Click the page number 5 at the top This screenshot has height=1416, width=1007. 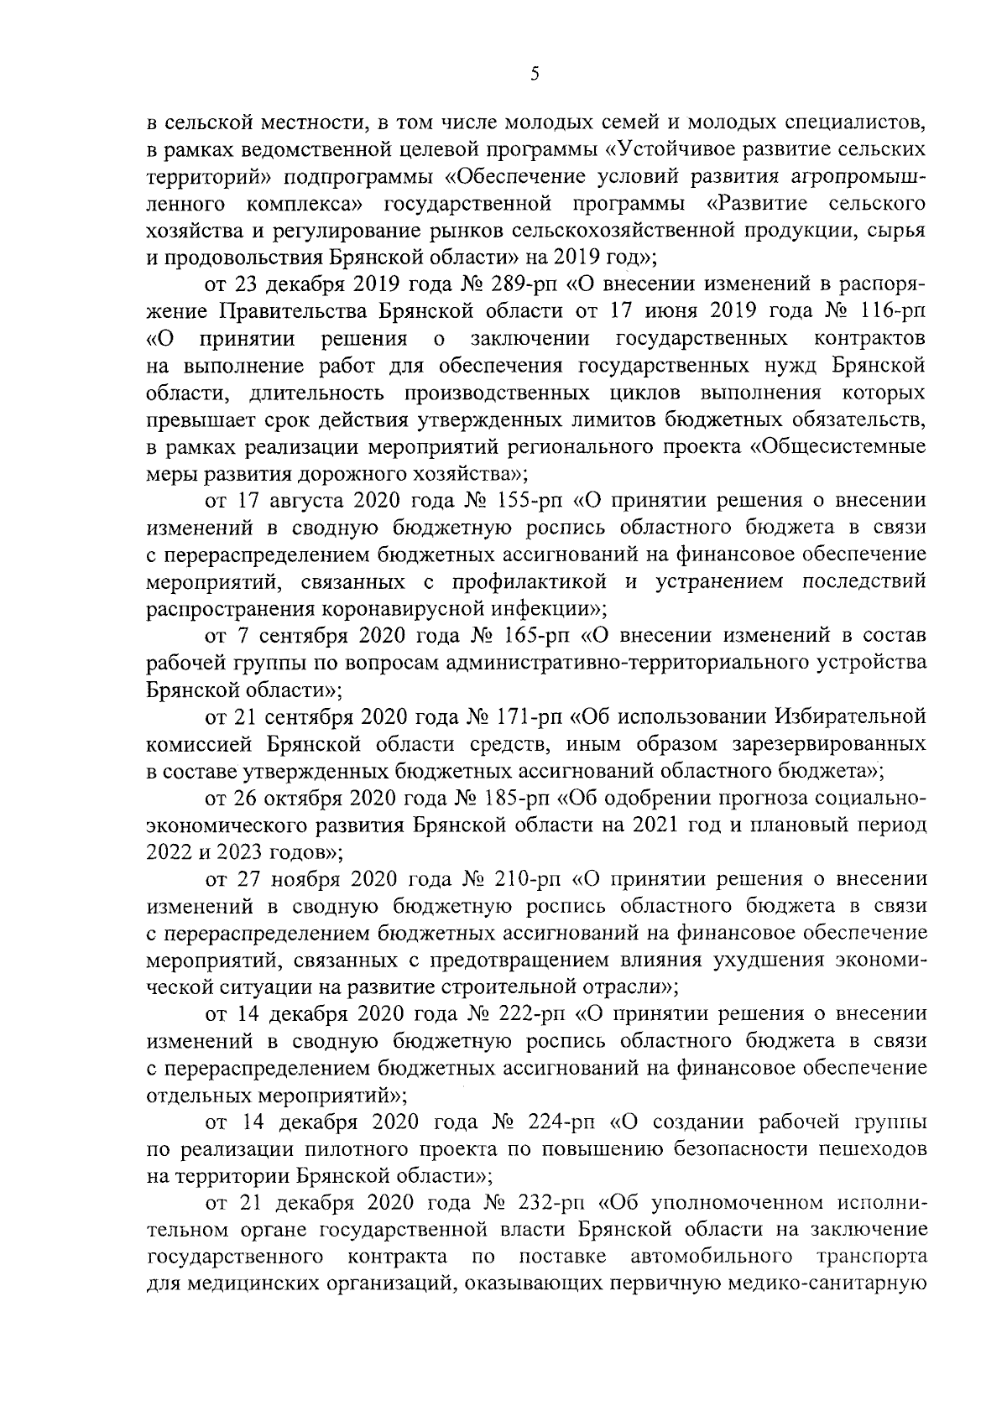(535, 75)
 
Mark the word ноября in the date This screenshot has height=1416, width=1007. (304, 880)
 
